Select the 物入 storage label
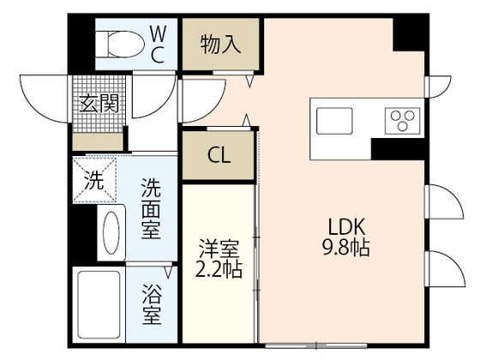click(x=219, y=44)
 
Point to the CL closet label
click(x=219, y=156)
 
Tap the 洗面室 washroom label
click(x=151, y=208)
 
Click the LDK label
click(x=347, y=228)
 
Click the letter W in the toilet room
click(x=158, y=33)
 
